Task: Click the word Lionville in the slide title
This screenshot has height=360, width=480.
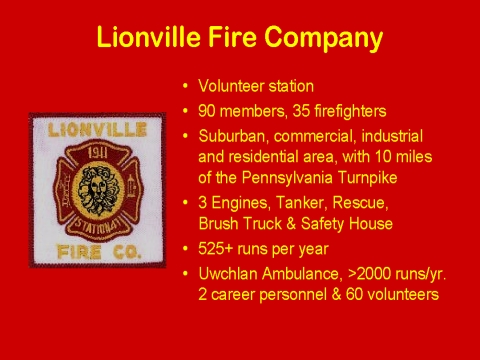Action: pos(149,36)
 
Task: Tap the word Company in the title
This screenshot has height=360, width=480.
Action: pos(324,39)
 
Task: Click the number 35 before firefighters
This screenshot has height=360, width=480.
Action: pos(301,111)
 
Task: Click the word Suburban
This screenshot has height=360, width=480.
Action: pos(233,136)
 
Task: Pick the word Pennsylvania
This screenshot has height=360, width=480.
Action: pos(287,178)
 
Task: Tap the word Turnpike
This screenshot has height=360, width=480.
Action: pos(367,178)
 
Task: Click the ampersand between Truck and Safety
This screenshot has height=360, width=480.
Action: pos(291,224)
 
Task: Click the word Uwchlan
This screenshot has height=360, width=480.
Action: pos(228,274)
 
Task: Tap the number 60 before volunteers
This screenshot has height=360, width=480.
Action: pos(354,294)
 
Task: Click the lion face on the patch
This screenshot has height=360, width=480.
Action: pos(98,190)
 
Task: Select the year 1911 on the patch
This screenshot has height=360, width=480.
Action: pos(97,153)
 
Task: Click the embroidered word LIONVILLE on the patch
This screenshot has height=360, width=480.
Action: pos(97,130)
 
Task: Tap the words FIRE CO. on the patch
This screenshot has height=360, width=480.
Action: pos(99,252)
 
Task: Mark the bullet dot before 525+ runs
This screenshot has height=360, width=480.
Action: pos(185,249)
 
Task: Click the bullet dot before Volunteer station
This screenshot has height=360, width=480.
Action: pos(185,86)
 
